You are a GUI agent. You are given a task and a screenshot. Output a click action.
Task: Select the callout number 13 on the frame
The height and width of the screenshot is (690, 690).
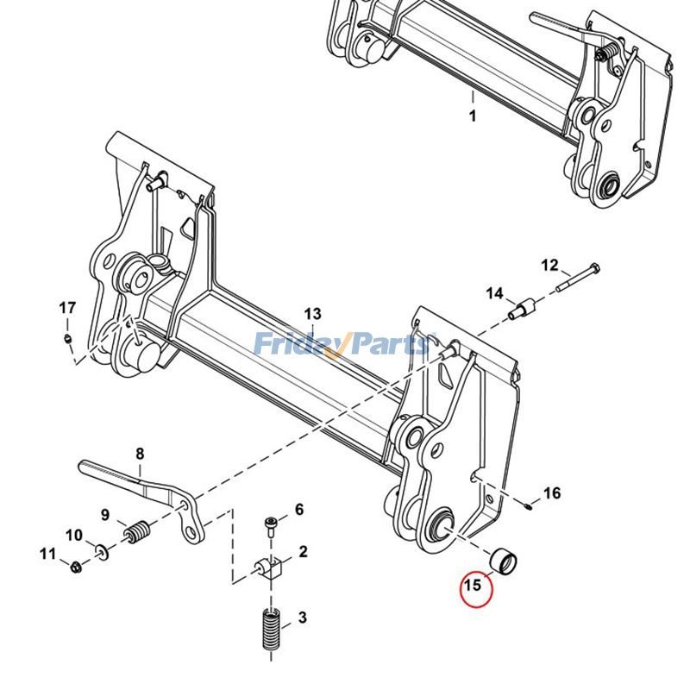click(311, 314)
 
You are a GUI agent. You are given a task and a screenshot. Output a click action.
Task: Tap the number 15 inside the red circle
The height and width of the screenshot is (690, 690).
click(472, 586)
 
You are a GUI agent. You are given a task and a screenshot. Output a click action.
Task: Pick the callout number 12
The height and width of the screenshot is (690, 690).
click(549, 264)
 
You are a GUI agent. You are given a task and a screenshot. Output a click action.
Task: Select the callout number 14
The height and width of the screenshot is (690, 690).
click(494, 294)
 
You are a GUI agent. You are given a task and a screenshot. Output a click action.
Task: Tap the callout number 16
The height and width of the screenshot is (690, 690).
click(551, 493)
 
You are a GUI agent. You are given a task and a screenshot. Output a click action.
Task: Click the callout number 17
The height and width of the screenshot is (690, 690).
click(67, 308)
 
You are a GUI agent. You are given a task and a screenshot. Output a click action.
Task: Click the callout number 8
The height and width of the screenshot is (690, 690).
click(140, 454)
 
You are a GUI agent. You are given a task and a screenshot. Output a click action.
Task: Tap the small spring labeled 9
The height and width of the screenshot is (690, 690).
click(137, 534)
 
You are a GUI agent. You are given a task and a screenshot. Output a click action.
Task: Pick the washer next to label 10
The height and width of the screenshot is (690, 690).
click(102, 549)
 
